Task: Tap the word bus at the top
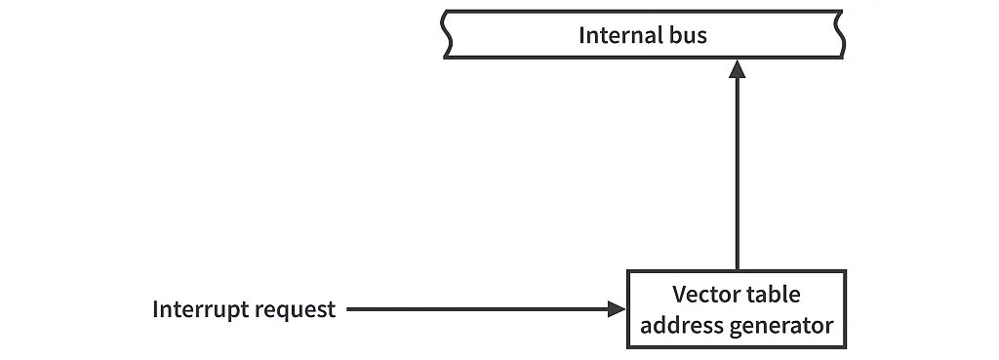click(x=686, y=36)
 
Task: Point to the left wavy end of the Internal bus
click(x=448, y=35)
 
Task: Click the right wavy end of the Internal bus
click(x=837, y=35)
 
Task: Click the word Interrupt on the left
click(x=200, y=310)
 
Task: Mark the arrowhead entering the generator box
click(x=617, y=310)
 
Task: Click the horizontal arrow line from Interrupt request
click(x=478, y=310)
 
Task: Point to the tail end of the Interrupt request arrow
click(x=349, y=310)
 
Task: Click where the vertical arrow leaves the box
click(x=738, y=270)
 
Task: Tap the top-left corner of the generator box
click(x=629, y=272)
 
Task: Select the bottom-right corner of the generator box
click(x=844, y=346)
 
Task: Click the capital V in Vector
click(x=679, y=295)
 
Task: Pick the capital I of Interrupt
click(x=155, y=310)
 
